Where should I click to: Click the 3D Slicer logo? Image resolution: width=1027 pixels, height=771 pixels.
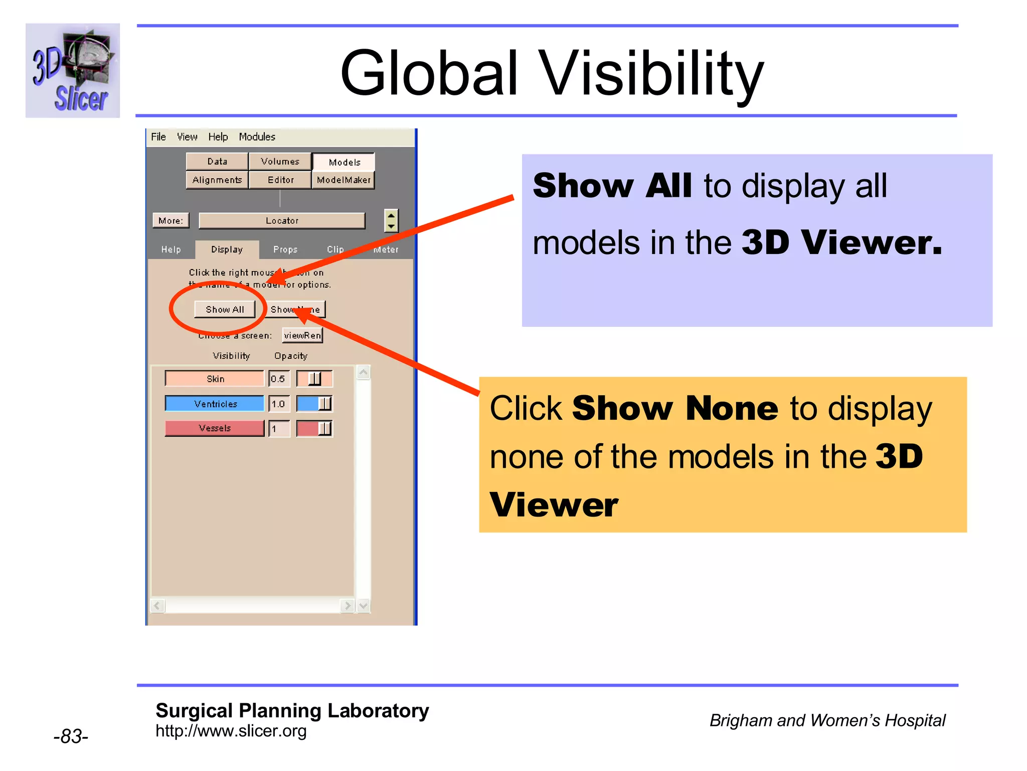tap(73, 70)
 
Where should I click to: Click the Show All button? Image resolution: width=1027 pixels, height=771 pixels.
tap(225, 309)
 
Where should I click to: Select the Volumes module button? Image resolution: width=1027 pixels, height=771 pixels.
tap(280, 161)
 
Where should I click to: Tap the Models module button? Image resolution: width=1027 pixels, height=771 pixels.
tap(344, 162)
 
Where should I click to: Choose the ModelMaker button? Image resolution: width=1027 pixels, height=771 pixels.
tap(344, 180)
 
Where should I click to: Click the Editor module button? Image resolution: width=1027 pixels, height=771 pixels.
tap(280, 180)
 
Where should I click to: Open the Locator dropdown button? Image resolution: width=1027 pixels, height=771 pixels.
tap(282, 220)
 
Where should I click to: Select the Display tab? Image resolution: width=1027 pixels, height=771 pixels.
tap(227, 249)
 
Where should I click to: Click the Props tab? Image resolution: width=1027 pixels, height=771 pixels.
tap(285, 249)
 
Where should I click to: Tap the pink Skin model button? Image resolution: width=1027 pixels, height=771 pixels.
tap(215, 378)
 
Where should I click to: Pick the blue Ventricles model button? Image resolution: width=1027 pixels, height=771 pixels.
tap(215, 404)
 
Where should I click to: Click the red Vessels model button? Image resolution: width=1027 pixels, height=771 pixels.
tap(215, 428)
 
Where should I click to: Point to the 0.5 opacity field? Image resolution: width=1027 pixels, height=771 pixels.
tap(279, 378)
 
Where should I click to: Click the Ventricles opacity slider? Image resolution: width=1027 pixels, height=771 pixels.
tap(314, 404)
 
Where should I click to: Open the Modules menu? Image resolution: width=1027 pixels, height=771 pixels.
tap(257, 137)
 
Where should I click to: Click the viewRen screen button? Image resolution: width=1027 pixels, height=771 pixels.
tap(302, 335)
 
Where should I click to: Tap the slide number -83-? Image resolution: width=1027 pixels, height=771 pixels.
tap(71, 736)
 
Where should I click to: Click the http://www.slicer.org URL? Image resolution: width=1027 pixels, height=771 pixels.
tap(231, 731)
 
